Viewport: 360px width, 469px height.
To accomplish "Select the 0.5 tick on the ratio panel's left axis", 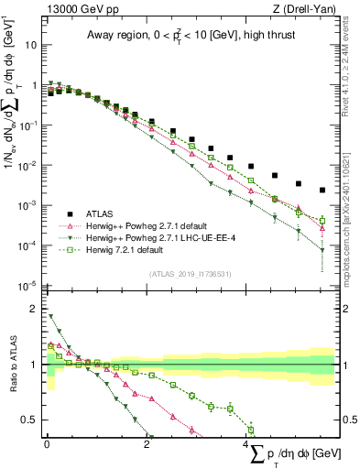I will click(30, 420).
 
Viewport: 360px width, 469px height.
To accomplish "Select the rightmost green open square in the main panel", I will click(322, 220).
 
